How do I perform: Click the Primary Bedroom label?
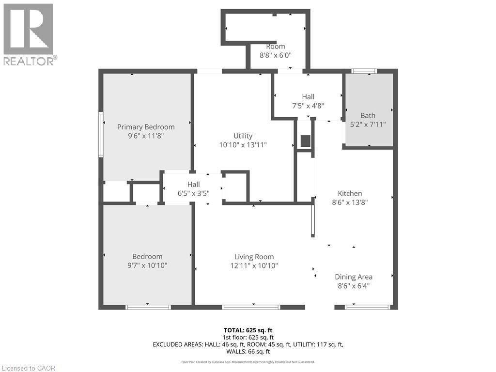click(146, 127)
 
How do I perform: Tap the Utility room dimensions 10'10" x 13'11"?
click(243, 144)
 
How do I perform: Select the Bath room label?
click(368, 115)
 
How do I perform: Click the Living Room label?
click(254, 257)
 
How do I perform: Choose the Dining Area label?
click(354, 277)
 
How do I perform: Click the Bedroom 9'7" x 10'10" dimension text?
click(147, 265)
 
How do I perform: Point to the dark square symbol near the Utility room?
click(306, 141)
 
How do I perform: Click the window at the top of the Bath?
click(364, 71)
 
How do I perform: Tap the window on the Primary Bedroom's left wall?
click(101, 135)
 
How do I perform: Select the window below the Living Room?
click(251, 307)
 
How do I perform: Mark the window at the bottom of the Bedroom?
click(148, 307)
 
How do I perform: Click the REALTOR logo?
click(29, 34)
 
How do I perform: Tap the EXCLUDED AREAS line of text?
click(248, 344)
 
